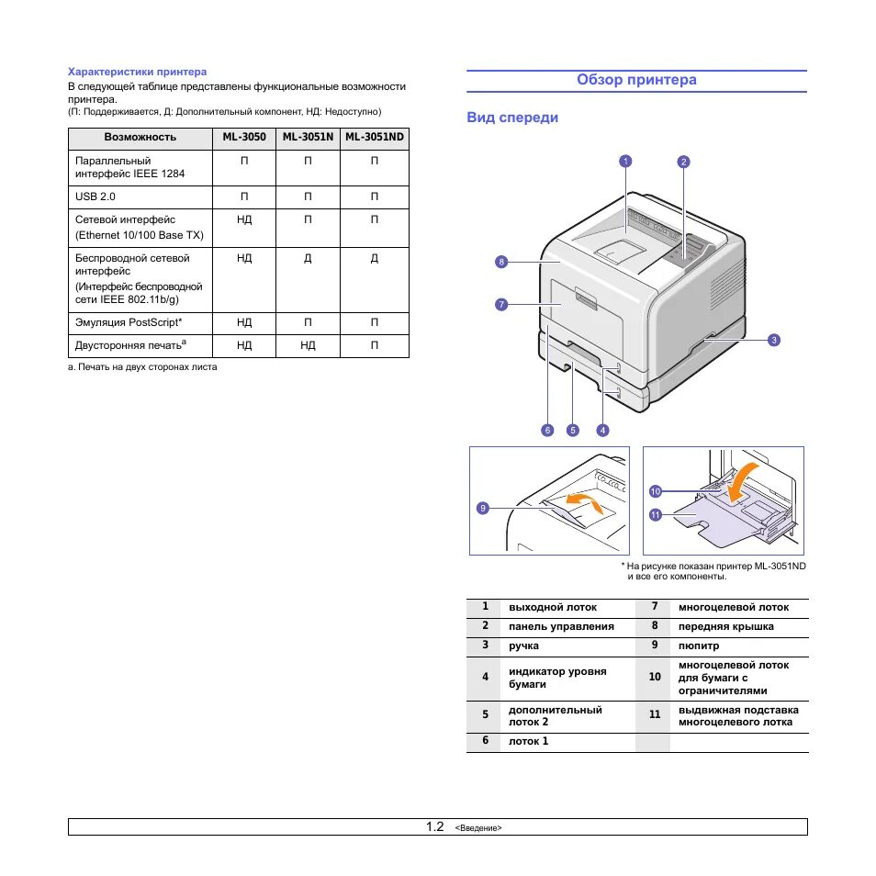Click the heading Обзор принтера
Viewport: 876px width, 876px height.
[636, 80]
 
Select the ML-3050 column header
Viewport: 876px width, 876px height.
[243, 137]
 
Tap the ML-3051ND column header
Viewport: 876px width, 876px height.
[374, 137]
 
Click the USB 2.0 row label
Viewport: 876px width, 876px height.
[95, 197]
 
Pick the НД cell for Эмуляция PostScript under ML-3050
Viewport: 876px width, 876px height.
[243, 322]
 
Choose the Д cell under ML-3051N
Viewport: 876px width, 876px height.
[308, 259]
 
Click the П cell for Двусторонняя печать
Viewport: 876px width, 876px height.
[374, 345]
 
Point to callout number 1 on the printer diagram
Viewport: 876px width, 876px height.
[625, 162]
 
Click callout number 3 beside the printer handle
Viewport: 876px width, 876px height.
[774, 340]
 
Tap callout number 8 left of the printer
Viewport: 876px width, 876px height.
[501, 262]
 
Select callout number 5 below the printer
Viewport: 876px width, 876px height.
[572, 429]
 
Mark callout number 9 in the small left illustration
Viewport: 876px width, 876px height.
[483, 508]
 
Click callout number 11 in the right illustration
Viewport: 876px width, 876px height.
[656, 515]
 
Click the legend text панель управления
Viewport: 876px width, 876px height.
[561, 626]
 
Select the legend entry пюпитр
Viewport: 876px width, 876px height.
[699, 646]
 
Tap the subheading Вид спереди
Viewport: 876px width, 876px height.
[512, 118]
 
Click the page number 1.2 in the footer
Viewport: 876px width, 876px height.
[434, 826]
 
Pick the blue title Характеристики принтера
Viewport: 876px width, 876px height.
[138, 71]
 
